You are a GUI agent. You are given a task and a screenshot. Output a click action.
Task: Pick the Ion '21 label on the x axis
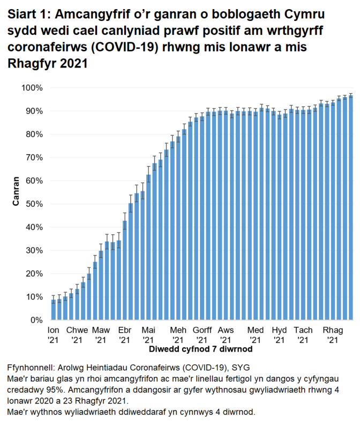coord(54,335)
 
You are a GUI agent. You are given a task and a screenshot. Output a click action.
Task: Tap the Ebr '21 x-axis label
coord(125,335)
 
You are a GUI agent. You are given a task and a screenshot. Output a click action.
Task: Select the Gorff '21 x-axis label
coord(202,335)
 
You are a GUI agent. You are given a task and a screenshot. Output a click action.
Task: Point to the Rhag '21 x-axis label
coord(332,335)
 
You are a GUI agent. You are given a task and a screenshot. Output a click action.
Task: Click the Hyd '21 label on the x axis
coord(280,335)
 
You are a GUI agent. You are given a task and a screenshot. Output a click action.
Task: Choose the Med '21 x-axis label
coord(256,335)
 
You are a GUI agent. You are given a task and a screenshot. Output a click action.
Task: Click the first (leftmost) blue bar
coord(53,310)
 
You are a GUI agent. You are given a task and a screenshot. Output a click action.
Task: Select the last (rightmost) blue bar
coord(351,208)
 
